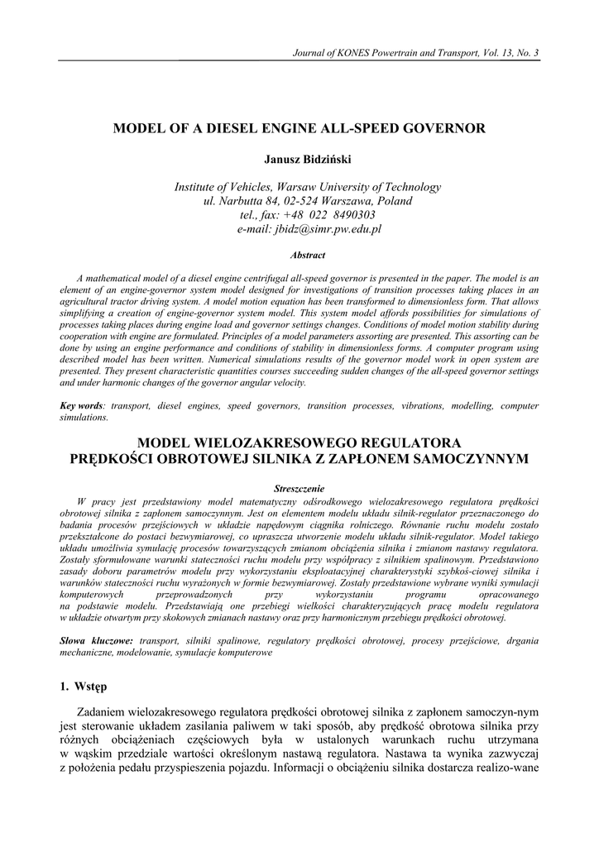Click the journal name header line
tap(416, 54)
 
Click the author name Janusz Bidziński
tap(299, 158)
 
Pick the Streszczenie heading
tap(299, 489)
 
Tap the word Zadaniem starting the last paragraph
tap(103, 713)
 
